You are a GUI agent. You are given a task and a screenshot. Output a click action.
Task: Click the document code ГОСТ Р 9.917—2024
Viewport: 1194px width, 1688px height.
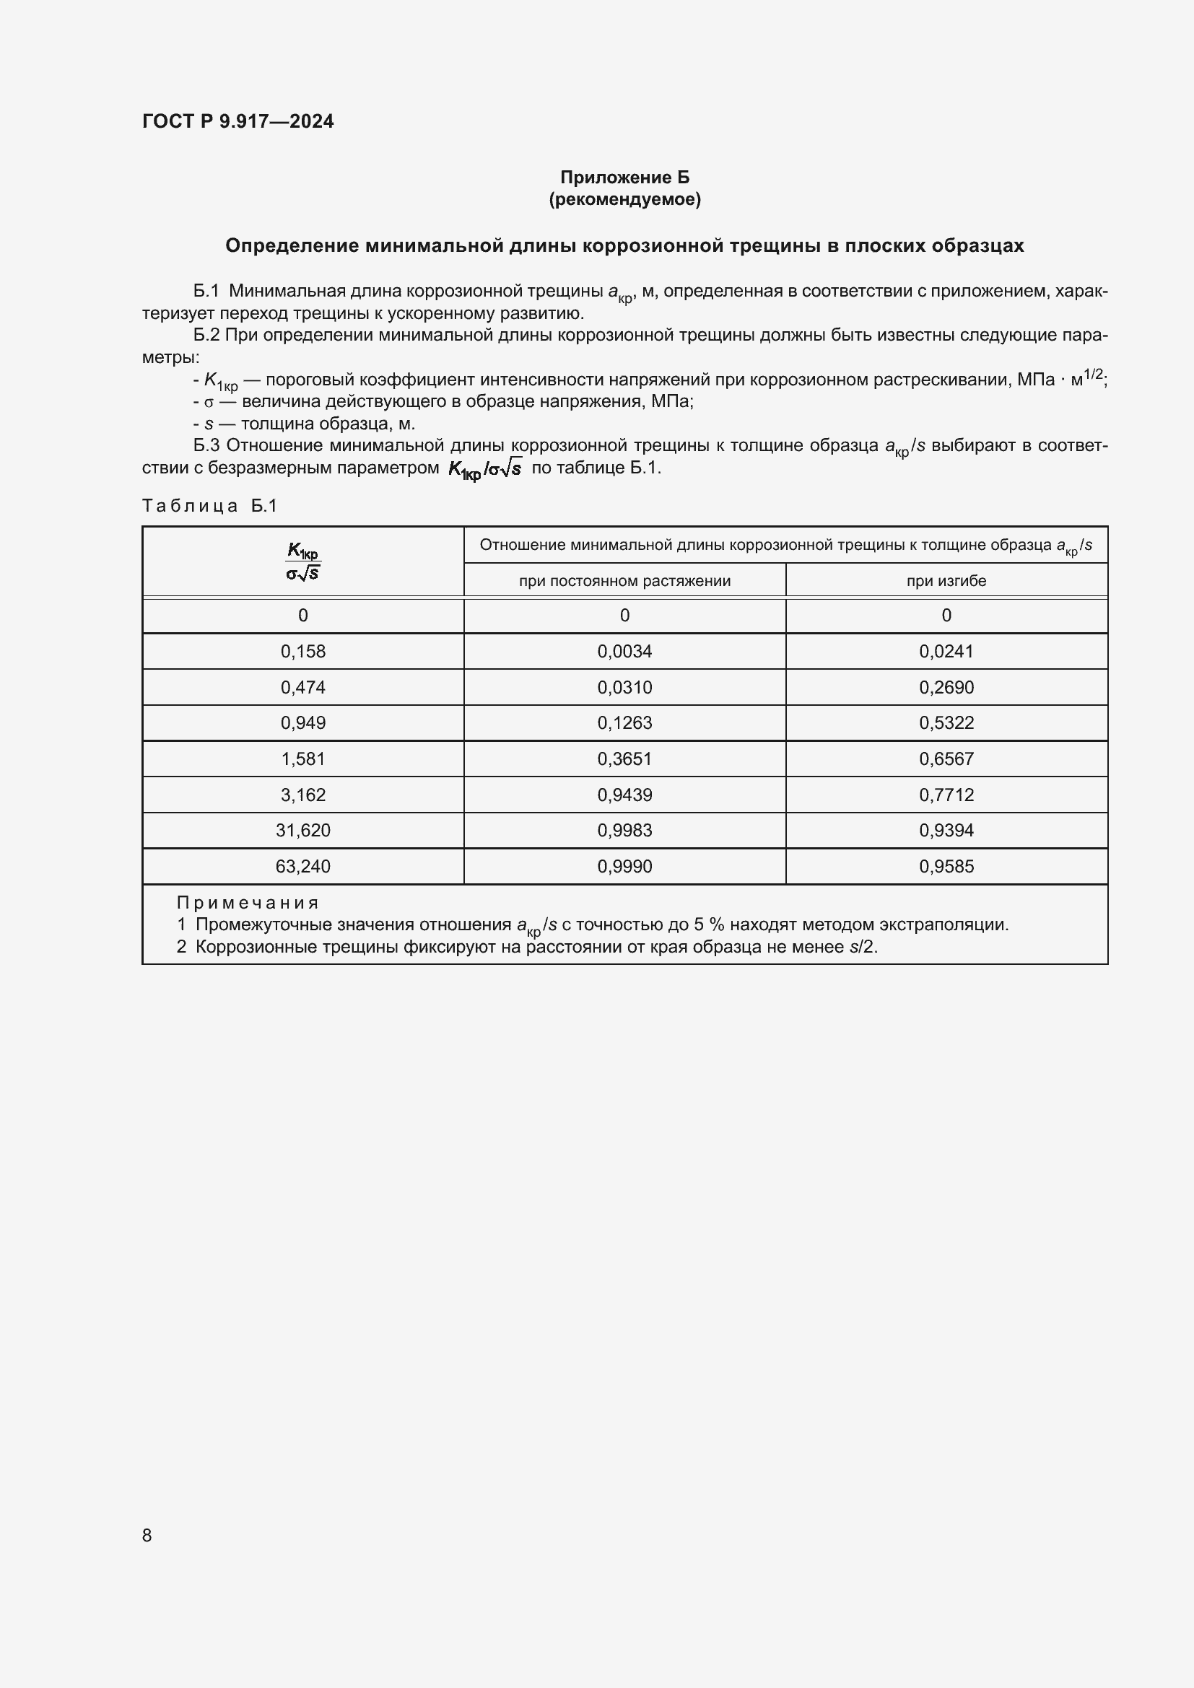238,121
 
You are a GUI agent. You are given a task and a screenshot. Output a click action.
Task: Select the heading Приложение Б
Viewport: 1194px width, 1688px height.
624,178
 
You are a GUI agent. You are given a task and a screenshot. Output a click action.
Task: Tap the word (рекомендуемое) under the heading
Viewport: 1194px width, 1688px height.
624,199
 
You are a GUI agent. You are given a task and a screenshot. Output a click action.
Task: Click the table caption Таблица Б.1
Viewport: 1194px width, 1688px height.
209,506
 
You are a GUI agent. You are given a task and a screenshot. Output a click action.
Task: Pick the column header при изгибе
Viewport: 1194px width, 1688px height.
946,581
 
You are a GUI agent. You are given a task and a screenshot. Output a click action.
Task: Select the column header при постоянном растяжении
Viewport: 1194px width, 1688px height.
624,581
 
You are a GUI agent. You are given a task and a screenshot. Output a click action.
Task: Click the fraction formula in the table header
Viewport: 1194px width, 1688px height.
303,561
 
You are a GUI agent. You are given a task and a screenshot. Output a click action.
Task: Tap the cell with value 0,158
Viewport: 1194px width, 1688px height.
303,652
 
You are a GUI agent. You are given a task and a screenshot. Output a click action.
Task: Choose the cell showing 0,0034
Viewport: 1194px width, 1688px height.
624,652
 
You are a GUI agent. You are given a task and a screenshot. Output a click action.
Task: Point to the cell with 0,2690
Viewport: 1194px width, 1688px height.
946,688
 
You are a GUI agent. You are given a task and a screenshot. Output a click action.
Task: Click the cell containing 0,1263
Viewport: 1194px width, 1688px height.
624,722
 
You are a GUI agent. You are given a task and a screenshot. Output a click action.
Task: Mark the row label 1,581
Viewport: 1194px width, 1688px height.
303,758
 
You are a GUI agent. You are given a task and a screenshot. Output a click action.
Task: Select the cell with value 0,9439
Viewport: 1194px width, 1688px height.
624,795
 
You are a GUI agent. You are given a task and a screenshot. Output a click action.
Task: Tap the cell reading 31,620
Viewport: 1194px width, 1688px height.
303,830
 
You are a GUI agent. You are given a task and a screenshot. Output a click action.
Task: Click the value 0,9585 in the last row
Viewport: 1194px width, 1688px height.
946,866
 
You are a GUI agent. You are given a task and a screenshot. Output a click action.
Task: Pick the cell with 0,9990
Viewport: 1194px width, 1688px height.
624,866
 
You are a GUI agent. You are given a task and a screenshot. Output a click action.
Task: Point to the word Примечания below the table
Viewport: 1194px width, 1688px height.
248,903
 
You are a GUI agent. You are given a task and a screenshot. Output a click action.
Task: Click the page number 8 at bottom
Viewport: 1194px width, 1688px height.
147,1535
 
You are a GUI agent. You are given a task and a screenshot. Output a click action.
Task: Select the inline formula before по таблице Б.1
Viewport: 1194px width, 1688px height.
485,468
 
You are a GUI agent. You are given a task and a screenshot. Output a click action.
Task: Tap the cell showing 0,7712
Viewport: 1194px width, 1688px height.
946,795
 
